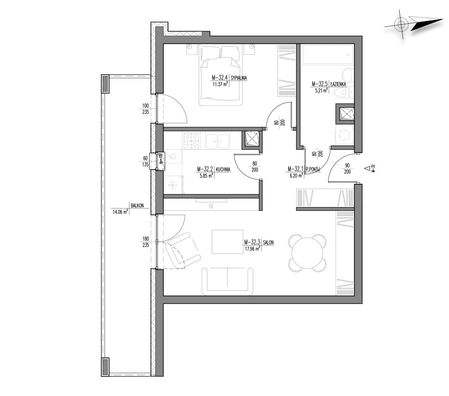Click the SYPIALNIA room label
[x=239, y=78]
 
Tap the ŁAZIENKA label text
[x=338, y=84]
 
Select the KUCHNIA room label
[x=223, y=169]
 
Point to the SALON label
[x=268, y=242]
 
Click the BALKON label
[x=137, y=205]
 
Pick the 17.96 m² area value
[x=252, y=248]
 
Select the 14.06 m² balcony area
[x=120, y=212]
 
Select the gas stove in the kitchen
[x=192, y=141]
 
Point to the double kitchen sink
[x=217, y=141]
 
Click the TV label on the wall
[x=211, y=207]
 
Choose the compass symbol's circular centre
[x=401, y=24]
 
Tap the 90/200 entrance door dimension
[x=347, y=168]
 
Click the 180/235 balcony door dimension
[x=146, y=242]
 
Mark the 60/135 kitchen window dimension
[x=146, y=161]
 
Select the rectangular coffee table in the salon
[x=227, y=242]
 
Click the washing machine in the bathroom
[x=344, y=134]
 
